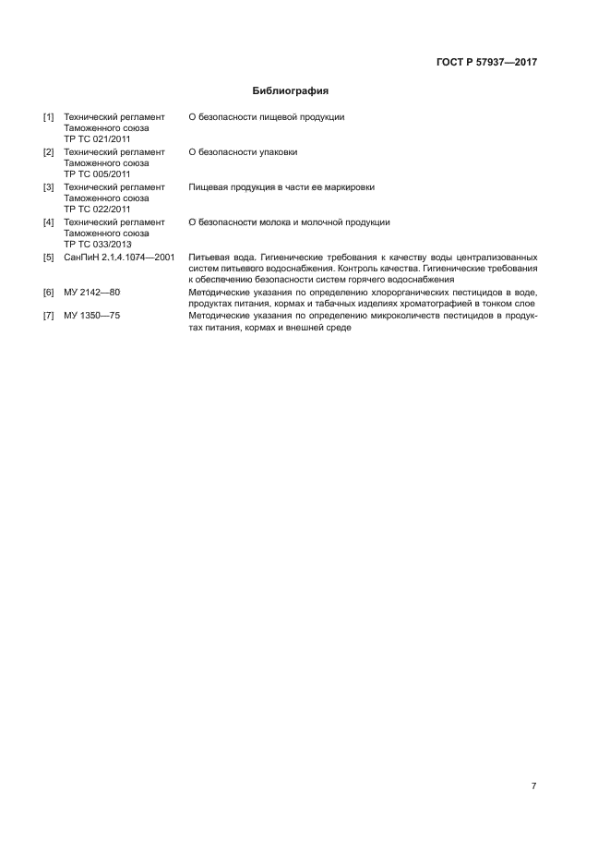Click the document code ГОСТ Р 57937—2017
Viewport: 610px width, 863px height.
pos(486,63)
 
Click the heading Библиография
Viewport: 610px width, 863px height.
pos(291,91)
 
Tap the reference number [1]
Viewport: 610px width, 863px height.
pos(49,117)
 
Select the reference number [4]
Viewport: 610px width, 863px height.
pos(49,222)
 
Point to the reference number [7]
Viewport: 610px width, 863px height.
pos(49,317)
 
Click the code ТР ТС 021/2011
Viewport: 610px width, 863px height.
pos(97,138)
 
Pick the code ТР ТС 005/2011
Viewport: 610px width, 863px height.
pos(97,174)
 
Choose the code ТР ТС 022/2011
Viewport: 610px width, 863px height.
pos(97,209)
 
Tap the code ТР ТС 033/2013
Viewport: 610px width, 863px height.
pos(97,244)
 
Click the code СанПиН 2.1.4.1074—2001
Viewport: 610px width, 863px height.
pos(119,258)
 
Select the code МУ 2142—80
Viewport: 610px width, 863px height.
pos(92,293)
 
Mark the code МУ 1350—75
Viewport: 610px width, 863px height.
pos(92,317)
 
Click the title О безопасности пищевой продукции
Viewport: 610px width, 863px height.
pos(266,117)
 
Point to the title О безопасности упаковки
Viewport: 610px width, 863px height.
pos(243,152)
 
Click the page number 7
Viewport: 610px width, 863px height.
pos(533,785)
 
